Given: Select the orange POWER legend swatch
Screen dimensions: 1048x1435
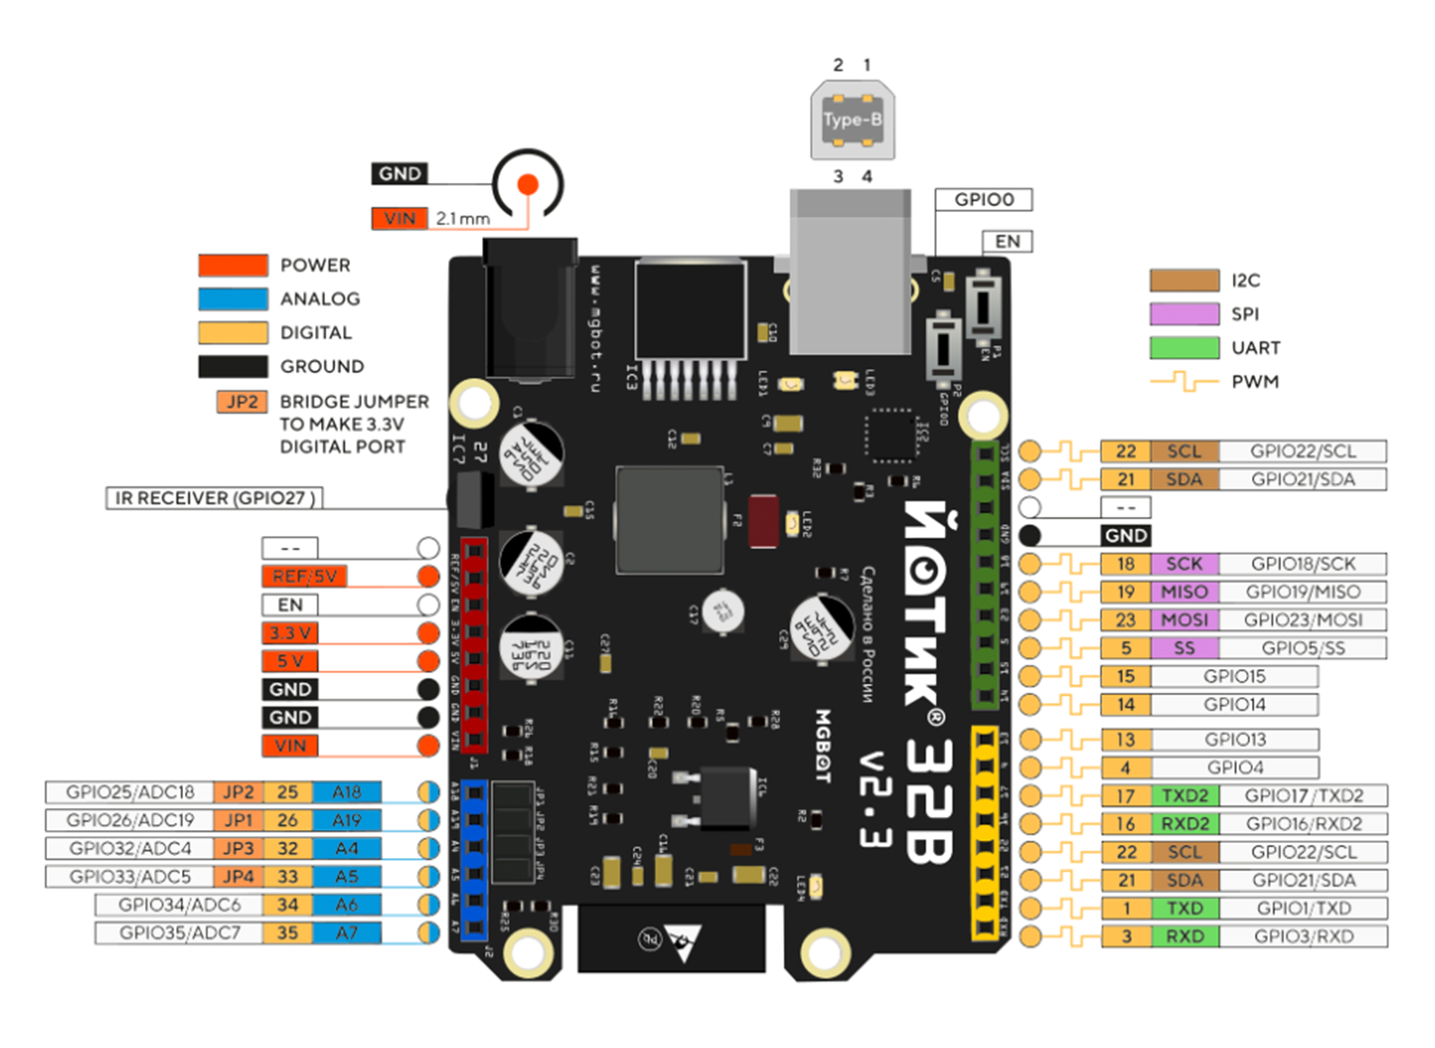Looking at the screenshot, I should point(233,265).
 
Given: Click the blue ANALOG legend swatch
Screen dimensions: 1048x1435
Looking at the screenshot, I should point(233,299).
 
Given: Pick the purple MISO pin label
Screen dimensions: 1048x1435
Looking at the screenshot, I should point(1184,592).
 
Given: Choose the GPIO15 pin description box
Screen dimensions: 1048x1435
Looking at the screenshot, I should point(1234,676).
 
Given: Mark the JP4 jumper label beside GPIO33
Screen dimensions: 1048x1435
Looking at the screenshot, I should point(238,877).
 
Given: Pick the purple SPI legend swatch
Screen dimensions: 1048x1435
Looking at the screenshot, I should point(1184,314).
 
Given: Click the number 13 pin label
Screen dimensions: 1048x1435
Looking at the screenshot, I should point(1126,740).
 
